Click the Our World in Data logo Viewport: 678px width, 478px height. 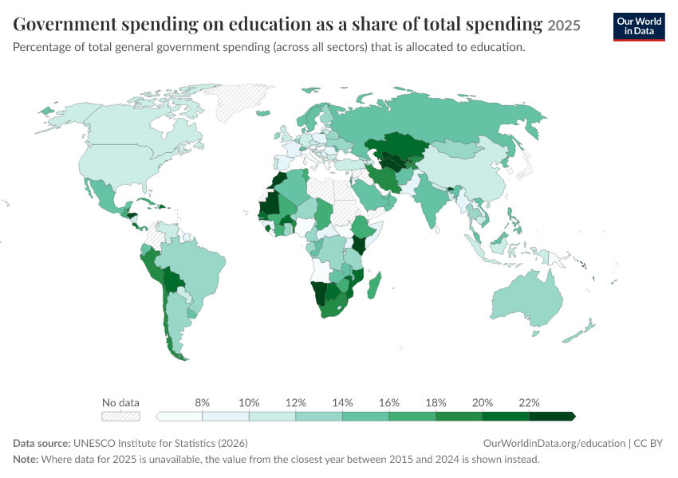coord(639,27)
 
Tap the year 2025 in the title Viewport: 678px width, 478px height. coord(563,25)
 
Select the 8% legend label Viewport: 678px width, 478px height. coord(202,402)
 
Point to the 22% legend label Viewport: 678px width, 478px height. coord(529,402)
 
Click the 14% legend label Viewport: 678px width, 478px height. coord(342,402)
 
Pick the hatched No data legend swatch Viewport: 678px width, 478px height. coord(120,416)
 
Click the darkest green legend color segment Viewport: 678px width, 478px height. coord(552,416)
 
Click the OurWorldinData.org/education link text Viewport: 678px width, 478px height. coord(554,444)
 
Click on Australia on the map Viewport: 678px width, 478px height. coord(526,299)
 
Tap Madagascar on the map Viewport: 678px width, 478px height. coord(374,285)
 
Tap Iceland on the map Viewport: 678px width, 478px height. coord(263,113)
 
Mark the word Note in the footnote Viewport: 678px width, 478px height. coord(25,459)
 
